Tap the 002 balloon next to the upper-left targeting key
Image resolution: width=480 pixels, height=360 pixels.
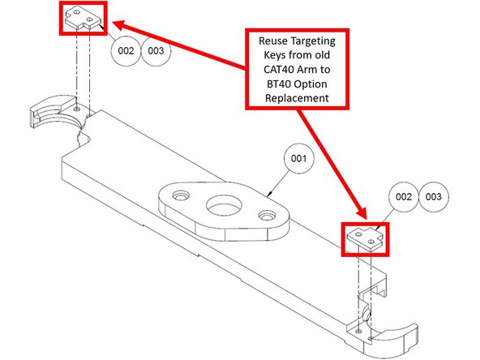click(125, 50)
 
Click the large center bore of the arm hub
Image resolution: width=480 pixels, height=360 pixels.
click(221, 204)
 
